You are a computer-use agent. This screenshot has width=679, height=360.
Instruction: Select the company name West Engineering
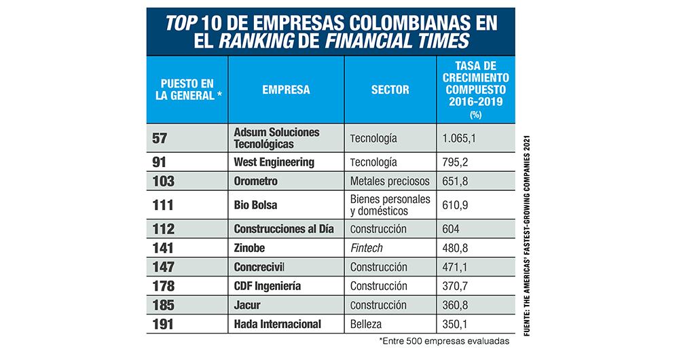click(x=274, y=162)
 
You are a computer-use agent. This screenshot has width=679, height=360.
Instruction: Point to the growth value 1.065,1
click(x=461, y=138)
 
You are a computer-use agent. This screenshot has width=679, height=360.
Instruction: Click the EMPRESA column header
click(x=286, y=89)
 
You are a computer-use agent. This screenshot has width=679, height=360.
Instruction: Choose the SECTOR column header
click(x=390, y=89)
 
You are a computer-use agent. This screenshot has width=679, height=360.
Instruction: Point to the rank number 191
click(x=163, y=325)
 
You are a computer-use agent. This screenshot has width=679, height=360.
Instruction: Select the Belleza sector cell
click(x=367, y=325)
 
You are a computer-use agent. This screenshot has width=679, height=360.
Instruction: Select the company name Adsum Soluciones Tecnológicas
click(x=276, y=138)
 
